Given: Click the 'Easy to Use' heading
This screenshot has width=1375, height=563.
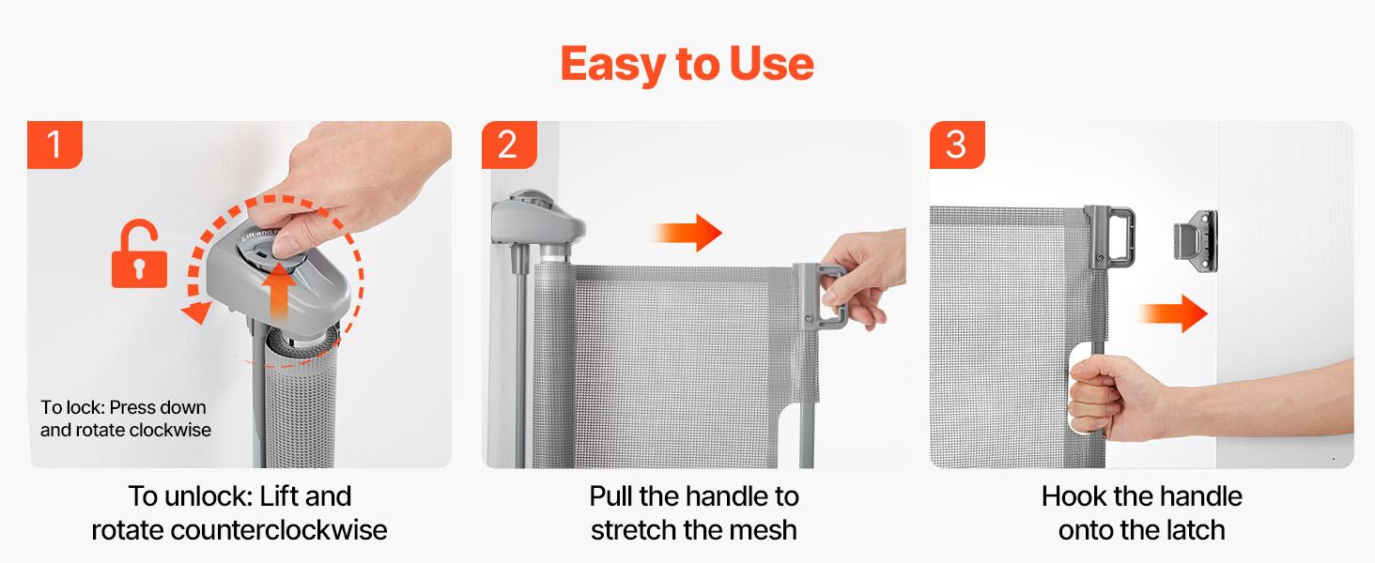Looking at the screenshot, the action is [x=687, y=64].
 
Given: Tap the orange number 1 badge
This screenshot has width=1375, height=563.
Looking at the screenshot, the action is [x=54, y=145].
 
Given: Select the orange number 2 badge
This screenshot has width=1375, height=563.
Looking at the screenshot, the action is [x=509, y=145].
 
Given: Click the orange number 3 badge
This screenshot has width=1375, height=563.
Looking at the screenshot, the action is [x=957, y=145].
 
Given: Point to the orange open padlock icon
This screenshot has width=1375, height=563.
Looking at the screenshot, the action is [x=139, y=254].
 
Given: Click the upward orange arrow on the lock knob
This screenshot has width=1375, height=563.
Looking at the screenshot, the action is [x=279, y=292].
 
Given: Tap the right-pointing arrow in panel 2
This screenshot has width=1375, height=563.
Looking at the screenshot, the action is [x=687, y=233].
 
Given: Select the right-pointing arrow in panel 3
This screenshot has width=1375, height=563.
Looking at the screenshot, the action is [x=1172, y=313].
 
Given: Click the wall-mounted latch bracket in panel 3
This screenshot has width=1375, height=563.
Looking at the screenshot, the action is [x=1196, y=241].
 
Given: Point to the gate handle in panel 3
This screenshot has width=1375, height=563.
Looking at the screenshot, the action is [x=1111, y=237].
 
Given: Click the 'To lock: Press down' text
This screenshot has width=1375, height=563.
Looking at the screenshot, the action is [x=123, y=407].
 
